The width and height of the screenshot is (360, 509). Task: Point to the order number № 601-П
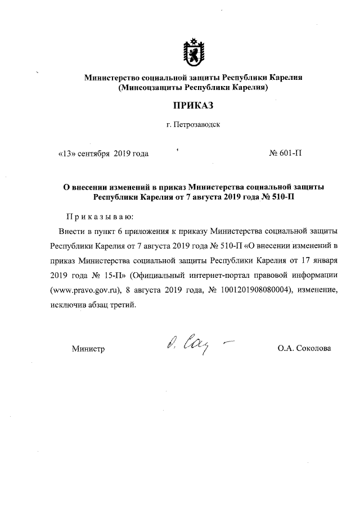click(x=286, y=154)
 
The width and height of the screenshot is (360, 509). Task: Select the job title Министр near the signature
click(x=88, y=349)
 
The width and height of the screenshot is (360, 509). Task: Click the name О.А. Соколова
click(x=304, y=349)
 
